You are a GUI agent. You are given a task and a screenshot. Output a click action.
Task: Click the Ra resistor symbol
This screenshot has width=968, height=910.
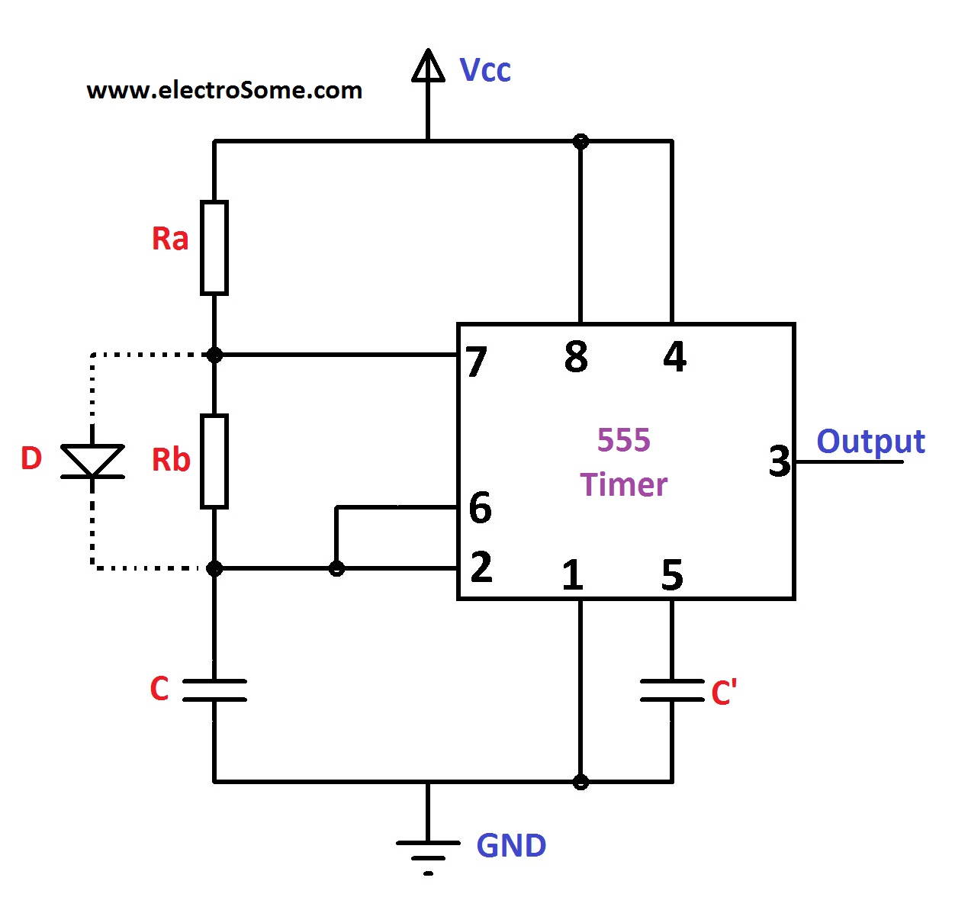(214, 248)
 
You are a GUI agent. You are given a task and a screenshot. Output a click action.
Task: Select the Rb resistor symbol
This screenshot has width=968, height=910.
(214, 461)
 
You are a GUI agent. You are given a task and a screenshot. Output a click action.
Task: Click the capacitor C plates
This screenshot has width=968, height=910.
(214, 690)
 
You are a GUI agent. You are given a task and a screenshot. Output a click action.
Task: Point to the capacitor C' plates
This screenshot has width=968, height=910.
(671, 690)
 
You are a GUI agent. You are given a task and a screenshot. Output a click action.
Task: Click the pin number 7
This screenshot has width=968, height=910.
(477, 362)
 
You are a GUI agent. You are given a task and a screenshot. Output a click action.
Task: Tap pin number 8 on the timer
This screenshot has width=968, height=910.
(576, 357)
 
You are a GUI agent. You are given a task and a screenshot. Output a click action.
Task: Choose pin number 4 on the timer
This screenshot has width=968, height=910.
(674, 357)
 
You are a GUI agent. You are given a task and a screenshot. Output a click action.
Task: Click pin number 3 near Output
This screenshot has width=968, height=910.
(780, 461)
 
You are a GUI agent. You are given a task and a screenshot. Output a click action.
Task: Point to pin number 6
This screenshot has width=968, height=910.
(480, 508)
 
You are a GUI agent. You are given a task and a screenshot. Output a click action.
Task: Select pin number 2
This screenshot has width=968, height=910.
(481, 568)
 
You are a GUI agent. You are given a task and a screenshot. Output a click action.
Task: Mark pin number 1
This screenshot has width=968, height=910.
(572, 576)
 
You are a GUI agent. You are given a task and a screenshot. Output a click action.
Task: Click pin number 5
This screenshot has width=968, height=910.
(672, 576)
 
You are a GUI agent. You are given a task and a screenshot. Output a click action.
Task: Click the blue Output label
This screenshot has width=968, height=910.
(870, 442)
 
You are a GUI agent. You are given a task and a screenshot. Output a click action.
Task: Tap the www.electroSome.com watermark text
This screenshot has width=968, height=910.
(224, 90)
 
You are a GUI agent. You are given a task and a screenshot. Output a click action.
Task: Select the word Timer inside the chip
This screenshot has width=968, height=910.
(623, 485)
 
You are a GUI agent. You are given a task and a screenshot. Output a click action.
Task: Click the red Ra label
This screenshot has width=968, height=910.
(170, 239)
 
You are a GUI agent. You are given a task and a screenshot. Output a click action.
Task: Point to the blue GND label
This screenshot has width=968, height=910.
(511, 846)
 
